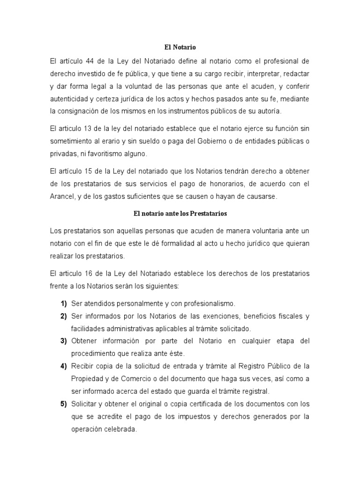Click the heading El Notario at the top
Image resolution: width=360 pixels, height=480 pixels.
180,47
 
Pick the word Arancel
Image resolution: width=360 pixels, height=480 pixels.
63,197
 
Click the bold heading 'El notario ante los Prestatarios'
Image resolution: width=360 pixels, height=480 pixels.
180,214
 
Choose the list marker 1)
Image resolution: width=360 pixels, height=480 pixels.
63,303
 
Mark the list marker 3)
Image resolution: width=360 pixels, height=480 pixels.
63,341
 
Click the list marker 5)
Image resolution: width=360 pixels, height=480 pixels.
63,404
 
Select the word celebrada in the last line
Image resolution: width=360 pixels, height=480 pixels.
119,429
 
